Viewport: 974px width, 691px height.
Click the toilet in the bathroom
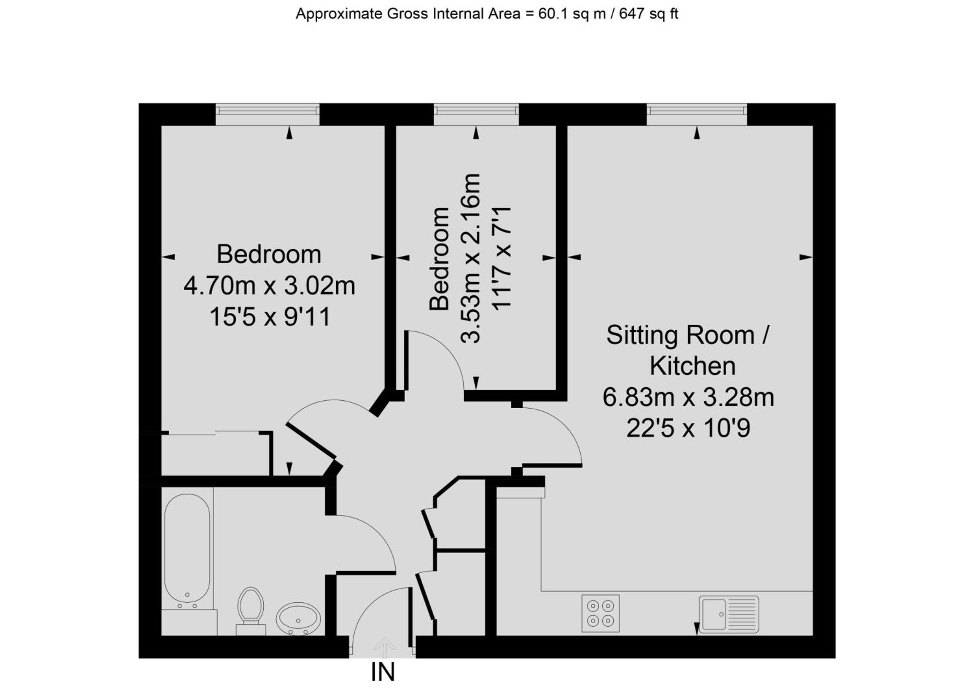(251, 612)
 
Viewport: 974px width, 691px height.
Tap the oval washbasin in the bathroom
(299, 619)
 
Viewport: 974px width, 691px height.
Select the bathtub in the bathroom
(187, 552)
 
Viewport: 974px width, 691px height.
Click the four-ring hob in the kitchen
(600, 613)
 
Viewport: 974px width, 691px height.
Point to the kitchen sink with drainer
(729, 615)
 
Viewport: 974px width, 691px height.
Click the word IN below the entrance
(383, 672)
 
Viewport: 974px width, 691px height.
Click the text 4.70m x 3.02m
(269, 285)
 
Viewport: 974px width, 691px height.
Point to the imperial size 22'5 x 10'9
(688, 428)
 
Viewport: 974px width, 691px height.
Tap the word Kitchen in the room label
(692, 366)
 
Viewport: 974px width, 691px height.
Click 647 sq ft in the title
(649, 14)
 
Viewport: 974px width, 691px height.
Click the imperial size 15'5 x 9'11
(270, 317)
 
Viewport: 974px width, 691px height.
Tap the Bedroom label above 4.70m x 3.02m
(269, 255)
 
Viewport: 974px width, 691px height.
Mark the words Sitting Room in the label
(681, 335)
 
